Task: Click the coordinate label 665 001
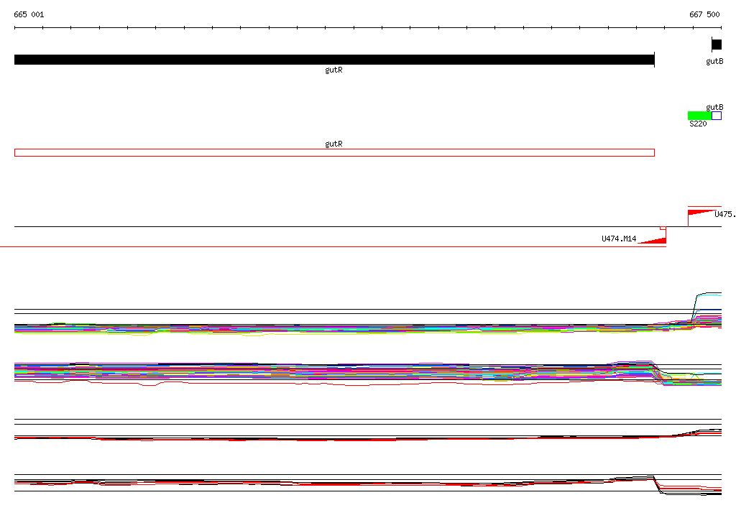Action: coord(29,14)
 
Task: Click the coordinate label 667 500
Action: coord(704,14)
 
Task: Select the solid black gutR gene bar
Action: coord(334,60)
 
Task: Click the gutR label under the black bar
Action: coord(333,70)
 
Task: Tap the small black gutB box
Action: coord(717,45)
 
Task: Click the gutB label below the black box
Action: coord(714,62)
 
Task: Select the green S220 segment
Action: coord(700,116)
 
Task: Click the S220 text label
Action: coord(698,124)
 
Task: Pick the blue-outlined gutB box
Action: coord(717,116)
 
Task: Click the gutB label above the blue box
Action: coord(714,108)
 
